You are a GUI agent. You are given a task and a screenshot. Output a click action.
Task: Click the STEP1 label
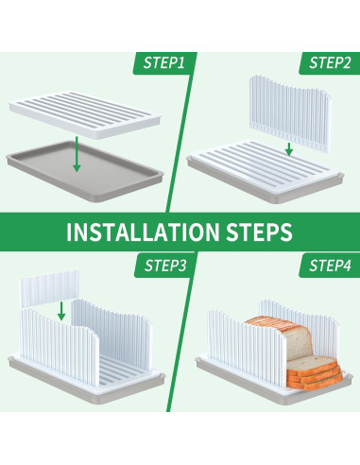[x=163, y=63]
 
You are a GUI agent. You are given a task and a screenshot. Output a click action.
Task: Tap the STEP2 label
[x=330, y=63]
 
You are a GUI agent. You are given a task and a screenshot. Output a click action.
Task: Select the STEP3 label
[x=165, y=266]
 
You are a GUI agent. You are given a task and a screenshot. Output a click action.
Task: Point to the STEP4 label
[x=330, y=266]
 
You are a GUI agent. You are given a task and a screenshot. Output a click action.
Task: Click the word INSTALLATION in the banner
[x=143, y=232]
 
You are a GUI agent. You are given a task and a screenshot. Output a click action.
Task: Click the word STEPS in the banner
[x=259, y=232]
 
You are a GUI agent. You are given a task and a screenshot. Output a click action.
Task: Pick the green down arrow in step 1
[x=77, y=154]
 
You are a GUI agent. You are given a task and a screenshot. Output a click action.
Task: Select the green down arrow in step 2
[x=289, y=149]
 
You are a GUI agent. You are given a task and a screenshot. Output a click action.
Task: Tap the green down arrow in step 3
[x=61, y=311]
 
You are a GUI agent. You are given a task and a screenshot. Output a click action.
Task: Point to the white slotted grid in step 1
[x=84, y=114]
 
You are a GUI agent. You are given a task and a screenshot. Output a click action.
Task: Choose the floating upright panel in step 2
[x=290, y=112]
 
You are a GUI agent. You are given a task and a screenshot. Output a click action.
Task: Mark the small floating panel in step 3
[x=48, y=288]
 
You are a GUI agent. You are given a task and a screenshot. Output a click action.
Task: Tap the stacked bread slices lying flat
[x=315, y=373]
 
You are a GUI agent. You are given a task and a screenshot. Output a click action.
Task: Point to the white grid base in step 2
[x=265, y=165]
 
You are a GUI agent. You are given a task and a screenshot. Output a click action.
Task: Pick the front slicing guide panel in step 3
[x=60, y=347]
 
